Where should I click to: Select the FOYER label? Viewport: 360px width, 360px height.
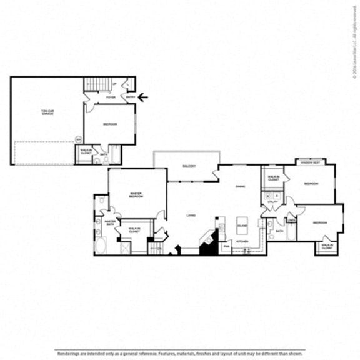point(110,97)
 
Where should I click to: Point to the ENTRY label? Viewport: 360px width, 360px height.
point(130,97)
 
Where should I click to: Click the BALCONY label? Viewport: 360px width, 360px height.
point(189,166)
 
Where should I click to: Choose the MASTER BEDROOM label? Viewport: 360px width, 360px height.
point(137,195)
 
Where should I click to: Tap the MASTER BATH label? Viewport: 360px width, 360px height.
point(111,222)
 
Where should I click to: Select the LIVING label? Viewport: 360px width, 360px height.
point(191,216)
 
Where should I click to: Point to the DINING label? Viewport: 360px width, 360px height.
point(240,186)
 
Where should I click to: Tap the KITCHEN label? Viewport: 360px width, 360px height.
point(242,241)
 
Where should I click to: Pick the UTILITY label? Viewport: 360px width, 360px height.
point(272,202)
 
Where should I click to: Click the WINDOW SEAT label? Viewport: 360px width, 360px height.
point(312,163)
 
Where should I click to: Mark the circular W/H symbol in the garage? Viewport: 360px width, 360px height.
point(78,139)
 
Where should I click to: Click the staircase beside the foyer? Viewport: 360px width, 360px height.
point(97,84)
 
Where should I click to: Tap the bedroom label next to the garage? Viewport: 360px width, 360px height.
point(109,123)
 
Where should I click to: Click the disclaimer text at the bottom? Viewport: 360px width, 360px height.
point(180,352)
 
